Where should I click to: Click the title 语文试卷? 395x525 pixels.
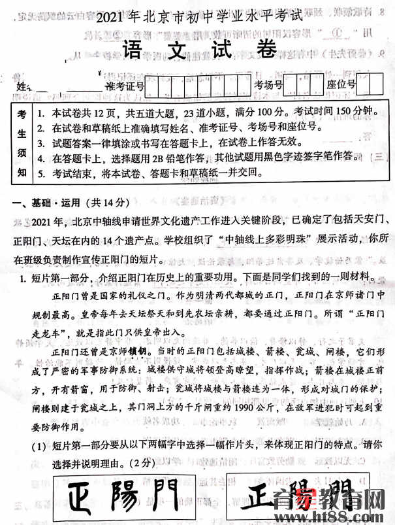(x=197, y=48)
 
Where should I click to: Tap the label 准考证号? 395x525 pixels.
(x=124, y=86)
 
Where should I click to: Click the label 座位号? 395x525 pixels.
(x=341, y=85)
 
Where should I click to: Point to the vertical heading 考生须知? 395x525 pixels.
(x=22, y=143)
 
